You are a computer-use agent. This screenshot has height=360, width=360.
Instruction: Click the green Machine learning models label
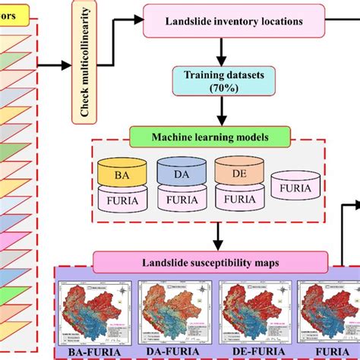pyautogui.click(x=210, y=137)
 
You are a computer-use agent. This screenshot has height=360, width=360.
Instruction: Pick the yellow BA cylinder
pyautogui.click(x=120, y=174)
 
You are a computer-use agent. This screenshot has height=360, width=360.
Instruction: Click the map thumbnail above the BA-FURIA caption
pyautogui.click(x=95, y=309)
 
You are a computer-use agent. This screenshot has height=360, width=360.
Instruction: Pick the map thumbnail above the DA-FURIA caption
pyautogui.click(x=175, y=309)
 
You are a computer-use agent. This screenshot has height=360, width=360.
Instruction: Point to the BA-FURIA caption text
pyautogui.click(x=95, y=351)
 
